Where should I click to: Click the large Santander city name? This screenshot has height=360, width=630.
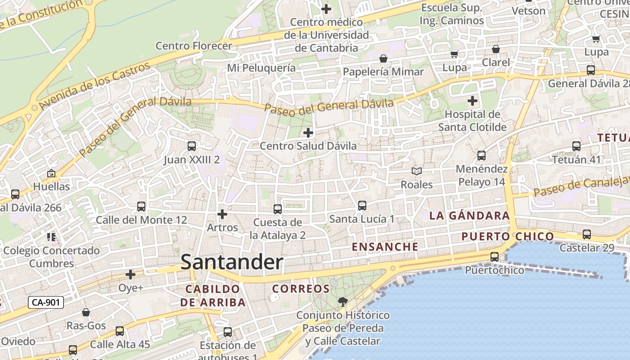point(232,262)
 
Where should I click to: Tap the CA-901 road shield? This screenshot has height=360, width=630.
point(45,302)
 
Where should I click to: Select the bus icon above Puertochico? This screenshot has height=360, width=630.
point(494,257)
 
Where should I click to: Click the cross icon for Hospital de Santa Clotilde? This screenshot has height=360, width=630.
point(472,101)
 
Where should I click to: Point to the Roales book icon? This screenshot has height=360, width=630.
point(417,171)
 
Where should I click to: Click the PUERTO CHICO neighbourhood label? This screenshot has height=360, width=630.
point(508,236)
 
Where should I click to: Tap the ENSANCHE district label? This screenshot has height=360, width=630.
point(385,247)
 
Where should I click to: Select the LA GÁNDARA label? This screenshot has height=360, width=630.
point(469,216)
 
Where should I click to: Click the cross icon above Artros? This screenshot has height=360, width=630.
point(222,214)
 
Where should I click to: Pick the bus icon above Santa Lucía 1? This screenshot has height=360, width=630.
point(362,206)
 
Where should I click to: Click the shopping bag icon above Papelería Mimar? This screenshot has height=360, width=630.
point(383,58)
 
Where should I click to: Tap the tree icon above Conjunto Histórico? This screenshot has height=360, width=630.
point(343,301)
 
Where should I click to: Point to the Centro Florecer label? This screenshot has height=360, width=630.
point(194,45)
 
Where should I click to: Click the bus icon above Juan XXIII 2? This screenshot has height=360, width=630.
point(192,146)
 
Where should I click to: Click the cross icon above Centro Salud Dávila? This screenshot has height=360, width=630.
point(308,133)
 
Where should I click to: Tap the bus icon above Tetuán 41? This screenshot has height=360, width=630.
point(576,146)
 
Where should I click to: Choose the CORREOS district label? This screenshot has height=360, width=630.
point(301,288)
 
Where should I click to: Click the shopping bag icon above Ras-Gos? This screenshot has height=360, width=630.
point(86,312)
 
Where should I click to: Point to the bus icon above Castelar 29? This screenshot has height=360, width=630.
point(586,234)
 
